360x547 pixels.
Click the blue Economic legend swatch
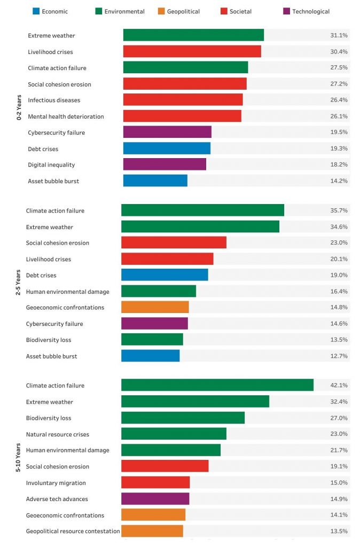coord(36,11)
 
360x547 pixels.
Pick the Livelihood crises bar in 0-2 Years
coord(192,51)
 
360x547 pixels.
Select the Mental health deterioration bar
coord(182,116)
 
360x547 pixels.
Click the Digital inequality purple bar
coord(165,165)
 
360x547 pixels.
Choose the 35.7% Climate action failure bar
coord(202,210)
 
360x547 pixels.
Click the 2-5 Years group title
coord(18,283)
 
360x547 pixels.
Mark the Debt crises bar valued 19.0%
coord(165,275)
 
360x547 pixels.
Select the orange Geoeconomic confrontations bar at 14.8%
coord(155,307)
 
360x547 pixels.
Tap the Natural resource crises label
coord(58,434)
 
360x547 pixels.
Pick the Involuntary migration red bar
coord(155,482)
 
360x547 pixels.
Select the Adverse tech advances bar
coord(155,498)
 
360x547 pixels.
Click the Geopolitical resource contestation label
coord(73,531)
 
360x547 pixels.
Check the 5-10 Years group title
coord(18,458)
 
